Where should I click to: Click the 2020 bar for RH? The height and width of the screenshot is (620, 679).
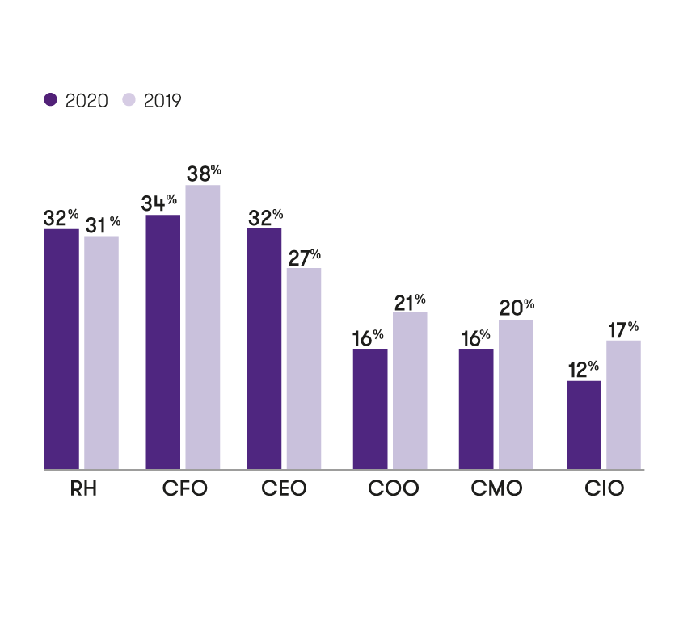(x=61, y=349)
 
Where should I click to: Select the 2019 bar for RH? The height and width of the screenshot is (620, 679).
(x=101, y=352)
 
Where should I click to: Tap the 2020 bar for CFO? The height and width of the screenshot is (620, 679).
(x=162, y=341)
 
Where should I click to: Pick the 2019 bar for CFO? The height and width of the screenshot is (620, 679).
(x=203, y=327)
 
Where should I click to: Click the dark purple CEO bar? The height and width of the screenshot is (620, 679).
(x=264, y=349)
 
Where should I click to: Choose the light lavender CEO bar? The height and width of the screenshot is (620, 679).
(x=304, y=368)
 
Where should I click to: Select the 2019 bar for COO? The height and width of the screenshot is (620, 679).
(x=410, y=390)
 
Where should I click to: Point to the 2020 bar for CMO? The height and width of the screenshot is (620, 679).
(x=476, y=408)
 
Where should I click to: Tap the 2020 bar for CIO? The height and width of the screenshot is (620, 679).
(x=584, y=425)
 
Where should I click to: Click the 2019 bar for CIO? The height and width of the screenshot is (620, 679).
(x=623, y=404)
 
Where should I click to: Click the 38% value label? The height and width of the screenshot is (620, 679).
(x=203, y=174)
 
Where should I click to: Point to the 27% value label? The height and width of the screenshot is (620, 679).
(x=304, y=258)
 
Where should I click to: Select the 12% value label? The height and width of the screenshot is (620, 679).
(x=583, y=370)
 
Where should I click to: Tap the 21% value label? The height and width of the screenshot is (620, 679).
(x=410, y=301)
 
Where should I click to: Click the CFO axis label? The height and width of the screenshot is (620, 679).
(x=185, y=488)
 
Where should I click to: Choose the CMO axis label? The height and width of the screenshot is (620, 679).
(x=496, y=488)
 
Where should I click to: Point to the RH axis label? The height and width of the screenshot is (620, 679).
(x=83, y=488)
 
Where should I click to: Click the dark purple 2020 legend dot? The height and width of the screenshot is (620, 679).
(x=51, y=99)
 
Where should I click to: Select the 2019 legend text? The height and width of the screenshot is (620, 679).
(x=162, y=101)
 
